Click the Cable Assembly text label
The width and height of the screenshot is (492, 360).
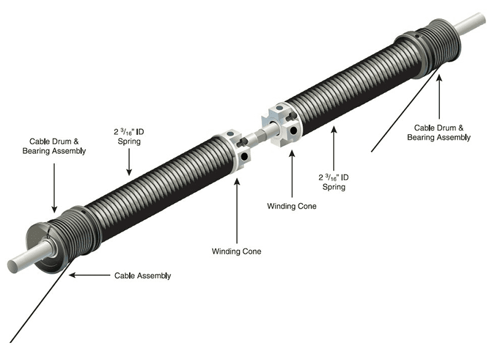pos(143,276)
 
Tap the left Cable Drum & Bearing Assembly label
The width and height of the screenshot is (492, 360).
pos(54,145)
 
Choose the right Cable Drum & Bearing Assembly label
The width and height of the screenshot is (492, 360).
pos(438,132)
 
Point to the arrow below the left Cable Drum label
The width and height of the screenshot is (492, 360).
pos(54,187)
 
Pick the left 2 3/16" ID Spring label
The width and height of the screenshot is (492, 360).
pos(129,137)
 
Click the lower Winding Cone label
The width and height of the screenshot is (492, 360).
pos(236,251)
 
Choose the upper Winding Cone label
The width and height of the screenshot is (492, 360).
pos(292,206)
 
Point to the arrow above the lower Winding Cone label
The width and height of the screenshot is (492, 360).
pos(237,209)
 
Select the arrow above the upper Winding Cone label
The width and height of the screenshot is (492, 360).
pos(291,166)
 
